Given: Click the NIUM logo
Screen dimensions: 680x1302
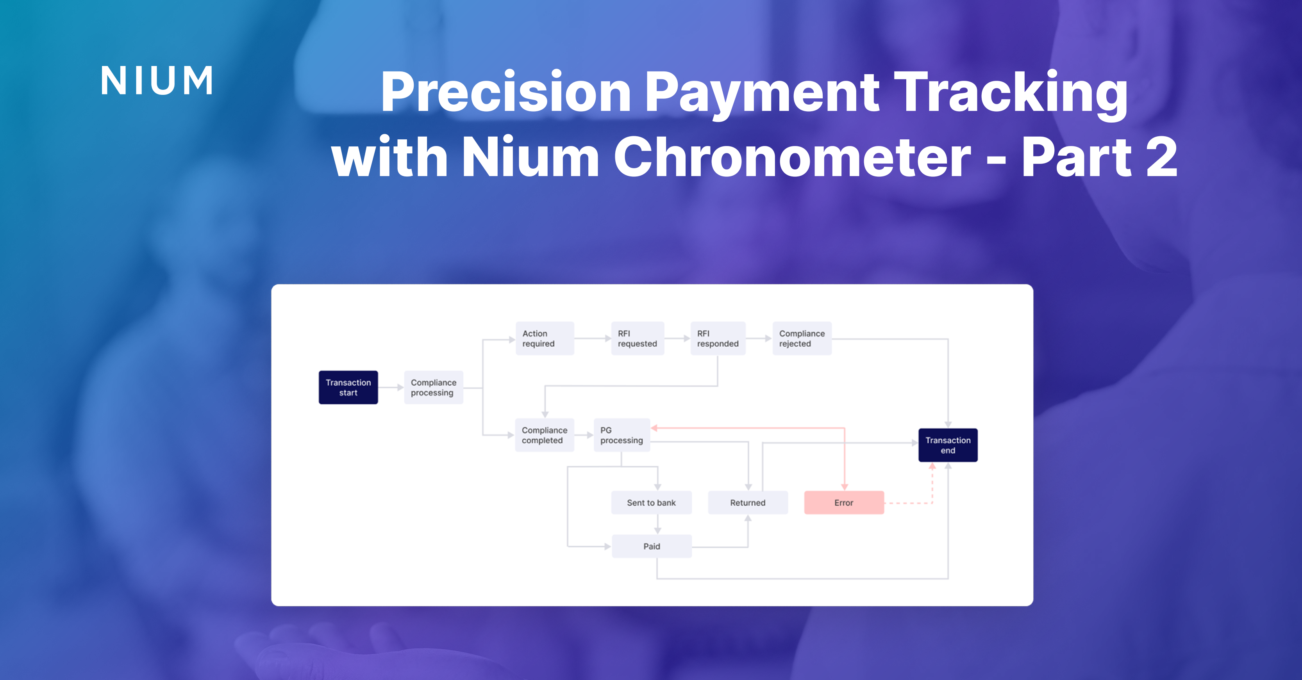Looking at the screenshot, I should [157, 81].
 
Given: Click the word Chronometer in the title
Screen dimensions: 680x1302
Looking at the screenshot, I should [792, 158].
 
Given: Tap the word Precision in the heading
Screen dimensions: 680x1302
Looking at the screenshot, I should [506, 92].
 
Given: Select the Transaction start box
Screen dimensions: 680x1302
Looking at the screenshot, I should [348, 388].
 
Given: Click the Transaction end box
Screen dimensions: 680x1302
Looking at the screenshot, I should [948, 445].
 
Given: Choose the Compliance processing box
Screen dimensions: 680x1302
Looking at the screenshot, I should [433, 388].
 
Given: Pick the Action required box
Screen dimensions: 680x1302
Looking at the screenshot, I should [544, 338].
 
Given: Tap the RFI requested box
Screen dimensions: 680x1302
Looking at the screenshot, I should [638, 338].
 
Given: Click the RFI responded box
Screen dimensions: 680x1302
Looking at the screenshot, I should [718, 338].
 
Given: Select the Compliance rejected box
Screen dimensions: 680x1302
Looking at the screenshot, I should [802, 338].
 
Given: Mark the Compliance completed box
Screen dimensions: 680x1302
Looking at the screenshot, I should [544, 435].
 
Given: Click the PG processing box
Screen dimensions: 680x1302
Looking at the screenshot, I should [622, 435].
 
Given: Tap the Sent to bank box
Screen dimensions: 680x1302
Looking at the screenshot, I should [652, 503].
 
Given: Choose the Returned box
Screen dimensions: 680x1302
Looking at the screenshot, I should [748, 503].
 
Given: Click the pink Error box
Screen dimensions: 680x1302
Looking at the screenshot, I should [843, 503].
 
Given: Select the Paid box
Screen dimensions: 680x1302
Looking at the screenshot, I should [652, 546].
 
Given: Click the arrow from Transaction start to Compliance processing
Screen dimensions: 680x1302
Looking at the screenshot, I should [391, 388].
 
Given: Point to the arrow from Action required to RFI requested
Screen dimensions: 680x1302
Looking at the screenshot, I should [592, 338].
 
